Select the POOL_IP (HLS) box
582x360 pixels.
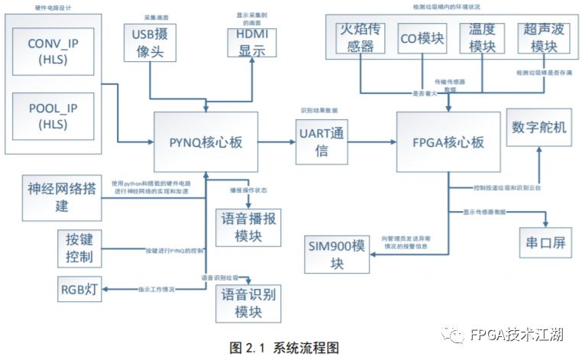point(53,112)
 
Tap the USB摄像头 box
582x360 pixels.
point(150,42)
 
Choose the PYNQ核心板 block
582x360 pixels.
point(205,142)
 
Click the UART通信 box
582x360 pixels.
point(322,142)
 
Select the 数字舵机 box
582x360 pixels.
point(539,128)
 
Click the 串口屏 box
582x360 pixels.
point(545,242)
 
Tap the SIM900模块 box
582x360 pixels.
point(338,253)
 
